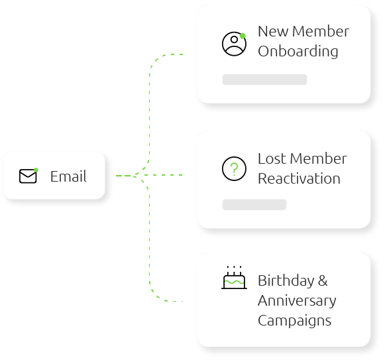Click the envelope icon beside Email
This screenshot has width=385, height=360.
[28, 176]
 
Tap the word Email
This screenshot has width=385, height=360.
[68, 176]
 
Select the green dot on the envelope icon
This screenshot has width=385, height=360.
[36, 170]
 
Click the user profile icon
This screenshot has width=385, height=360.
[234, 44]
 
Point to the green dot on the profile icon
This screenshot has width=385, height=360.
[243, 36]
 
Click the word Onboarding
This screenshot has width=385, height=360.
[298, 52]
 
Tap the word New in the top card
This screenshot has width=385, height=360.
[273, 31]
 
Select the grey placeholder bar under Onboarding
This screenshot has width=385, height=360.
[264, 80]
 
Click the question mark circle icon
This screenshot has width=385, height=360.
[234, 169]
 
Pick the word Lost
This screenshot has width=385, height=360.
[272, 158]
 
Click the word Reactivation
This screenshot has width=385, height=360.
[299, 178]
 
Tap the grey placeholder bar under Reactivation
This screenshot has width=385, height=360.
[254, 205]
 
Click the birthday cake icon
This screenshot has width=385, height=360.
[234, 277]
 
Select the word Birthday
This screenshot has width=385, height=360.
[286, 281]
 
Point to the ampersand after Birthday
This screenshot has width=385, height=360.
[323, 280]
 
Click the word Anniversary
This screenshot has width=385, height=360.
[297, 301]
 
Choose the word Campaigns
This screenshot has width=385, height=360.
[295, 321]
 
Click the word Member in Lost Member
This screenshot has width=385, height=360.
[319, 158]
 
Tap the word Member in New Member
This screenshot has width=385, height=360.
[321, 31]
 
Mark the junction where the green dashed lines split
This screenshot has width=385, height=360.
[135, 176]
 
